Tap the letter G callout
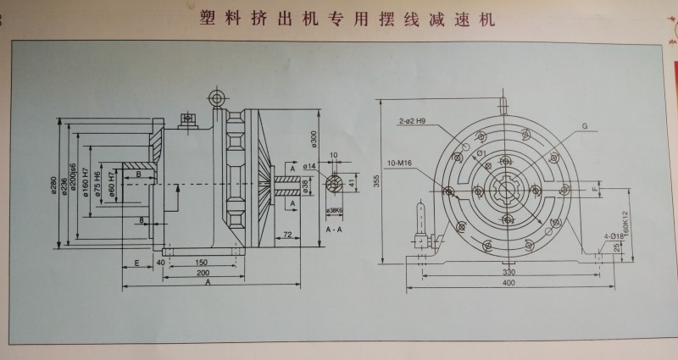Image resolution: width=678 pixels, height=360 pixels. click(584, 125)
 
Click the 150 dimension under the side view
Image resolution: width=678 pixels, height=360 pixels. click(202, 262)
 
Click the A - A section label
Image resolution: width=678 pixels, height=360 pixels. click(333, 230)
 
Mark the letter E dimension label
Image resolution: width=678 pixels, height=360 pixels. click(136, 263)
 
